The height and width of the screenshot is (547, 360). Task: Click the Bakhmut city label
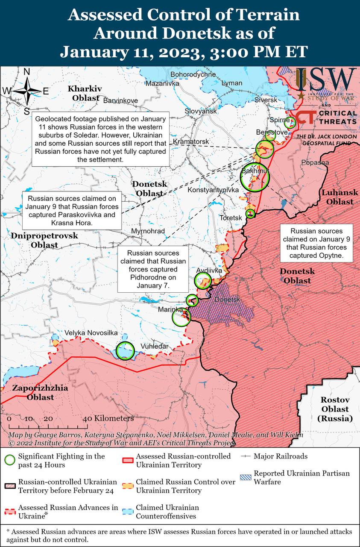click(x=255, y=171)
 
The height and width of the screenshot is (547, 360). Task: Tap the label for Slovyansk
click(x=201, y=111)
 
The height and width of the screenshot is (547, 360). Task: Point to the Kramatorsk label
click(x=191, y=141)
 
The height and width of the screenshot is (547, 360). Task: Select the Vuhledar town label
click(x=154, y=346)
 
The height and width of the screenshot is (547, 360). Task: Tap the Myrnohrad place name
click(x=148, y=231)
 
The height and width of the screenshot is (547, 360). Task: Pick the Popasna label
click(x=315, y=162)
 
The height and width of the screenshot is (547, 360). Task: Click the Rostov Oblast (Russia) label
click(x=335, y=409)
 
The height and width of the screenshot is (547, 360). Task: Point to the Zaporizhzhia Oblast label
click(x=40, y=393)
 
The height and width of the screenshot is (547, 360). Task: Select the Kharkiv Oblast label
click(x=85, y=93)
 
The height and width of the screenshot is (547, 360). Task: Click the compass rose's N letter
click(x=26, y=72)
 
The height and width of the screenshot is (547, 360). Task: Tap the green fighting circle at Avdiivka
click(x=203, y=281)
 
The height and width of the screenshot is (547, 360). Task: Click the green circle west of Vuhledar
click(x=125, y=350)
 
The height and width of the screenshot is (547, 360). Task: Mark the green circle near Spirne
click(x=290, y=123)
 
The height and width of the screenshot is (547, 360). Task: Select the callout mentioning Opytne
click(x=317, y=243)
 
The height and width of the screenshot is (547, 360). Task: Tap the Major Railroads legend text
click(x=280, y=456)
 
